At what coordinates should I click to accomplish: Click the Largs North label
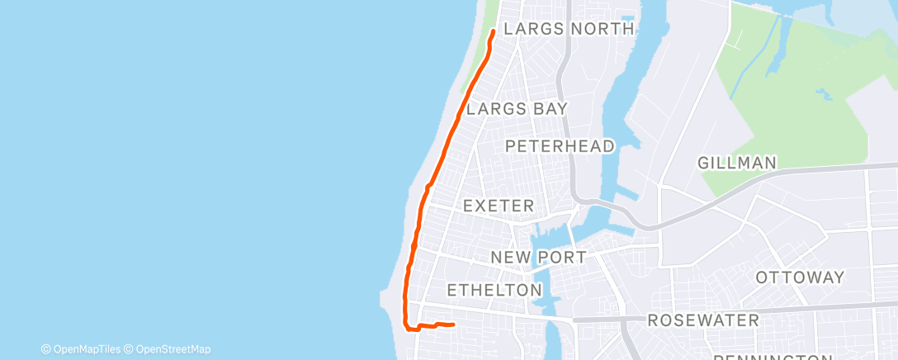[x=569, y=29]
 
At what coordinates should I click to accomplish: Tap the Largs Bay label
[x=517, y=109]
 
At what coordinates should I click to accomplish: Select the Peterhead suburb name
[x=560, y=146]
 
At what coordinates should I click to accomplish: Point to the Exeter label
[x=499, y=205]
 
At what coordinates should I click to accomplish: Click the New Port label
[x=538, y=258]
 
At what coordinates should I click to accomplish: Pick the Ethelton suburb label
[x=494, y=290]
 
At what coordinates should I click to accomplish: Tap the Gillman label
[x=737, y=163]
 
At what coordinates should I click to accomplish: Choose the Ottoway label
[x=800, y=277]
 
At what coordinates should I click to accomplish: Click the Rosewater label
[x=703, y=320]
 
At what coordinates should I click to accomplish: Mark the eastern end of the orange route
[x=454, y=324]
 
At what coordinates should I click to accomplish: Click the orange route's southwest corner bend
[x=406, y=325]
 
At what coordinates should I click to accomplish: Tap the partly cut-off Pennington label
[x=771, y=357]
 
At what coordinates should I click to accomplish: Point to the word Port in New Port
[x=564, y=258]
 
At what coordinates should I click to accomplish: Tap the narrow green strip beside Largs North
[x=480, y=50]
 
